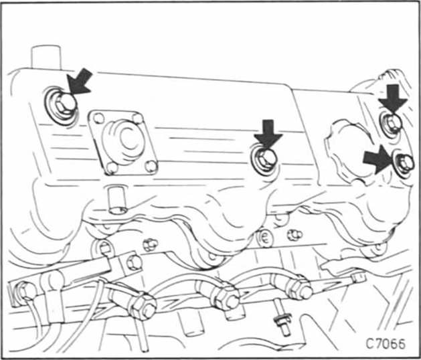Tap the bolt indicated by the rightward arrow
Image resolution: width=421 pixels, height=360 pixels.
click(x=403, y=163)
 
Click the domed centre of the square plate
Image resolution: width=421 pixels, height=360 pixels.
click(x=122, y=141)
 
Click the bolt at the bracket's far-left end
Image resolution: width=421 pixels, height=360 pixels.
click(x=25, y=290)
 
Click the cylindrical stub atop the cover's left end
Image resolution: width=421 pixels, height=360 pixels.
click(x=45, y=56)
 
